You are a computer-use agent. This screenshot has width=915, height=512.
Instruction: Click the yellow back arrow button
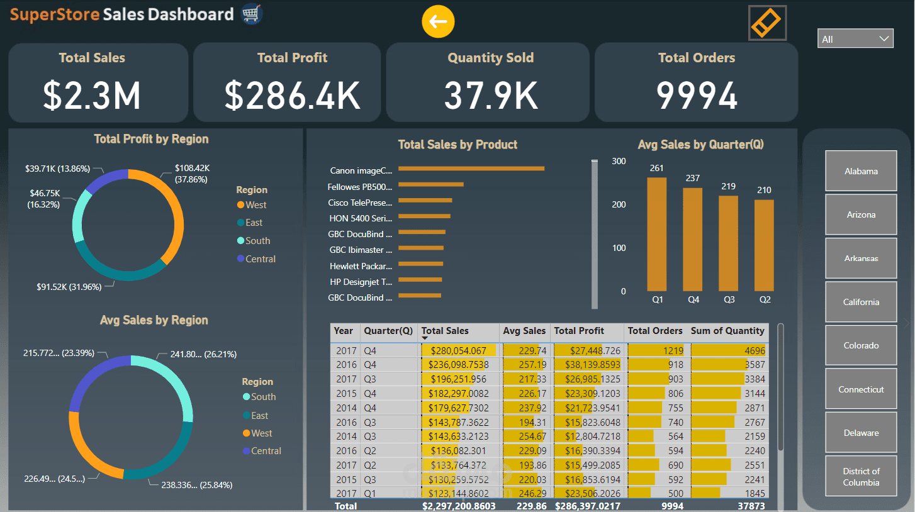[438, 22]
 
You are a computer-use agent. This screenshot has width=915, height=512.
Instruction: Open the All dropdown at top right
[855, 39]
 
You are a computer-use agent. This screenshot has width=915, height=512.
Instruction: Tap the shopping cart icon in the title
[252, 14]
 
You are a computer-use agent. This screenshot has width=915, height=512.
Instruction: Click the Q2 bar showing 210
[765, 245]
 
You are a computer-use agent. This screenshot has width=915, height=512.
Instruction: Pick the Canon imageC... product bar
[471, 169]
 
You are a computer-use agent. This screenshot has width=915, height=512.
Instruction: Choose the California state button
[861, 302]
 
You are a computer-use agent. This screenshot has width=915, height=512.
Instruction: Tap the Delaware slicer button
[861, 433]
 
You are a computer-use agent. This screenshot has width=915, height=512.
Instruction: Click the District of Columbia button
[861, 477]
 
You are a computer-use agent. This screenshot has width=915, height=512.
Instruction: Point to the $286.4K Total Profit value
[293, 96]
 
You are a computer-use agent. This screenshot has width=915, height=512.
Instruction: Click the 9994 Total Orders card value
[697, 96]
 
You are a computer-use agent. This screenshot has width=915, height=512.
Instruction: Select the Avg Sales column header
[524, 331]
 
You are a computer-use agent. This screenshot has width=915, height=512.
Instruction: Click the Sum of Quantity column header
[727, 331]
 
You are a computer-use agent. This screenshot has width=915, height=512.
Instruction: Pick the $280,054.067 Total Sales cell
[457, 351]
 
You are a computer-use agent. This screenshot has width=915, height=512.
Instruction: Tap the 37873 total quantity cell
[752, 506]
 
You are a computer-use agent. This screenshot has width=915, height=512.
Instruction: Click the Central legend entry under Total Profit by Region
[260, 259]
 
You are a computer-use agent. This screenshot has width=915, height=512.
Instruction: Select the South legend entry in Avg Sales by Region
[262, 397]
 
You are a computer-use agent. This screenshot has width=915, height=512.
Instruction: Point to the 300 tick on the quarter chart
[619, 161]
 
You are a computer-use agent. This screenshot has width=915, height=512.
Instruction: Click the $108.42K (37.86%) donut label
[193, 174]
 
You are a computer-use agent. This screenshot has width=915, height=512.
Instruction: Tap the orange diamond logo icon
[767, 23]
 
